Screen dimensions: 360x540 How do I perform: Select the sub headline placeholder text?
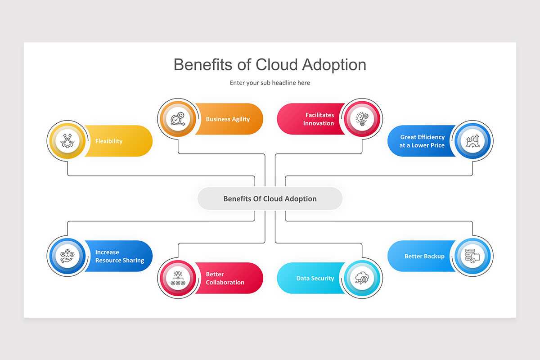click(x=270, y=83)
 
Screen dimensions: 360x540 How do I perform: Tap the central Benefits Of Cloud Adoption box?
click(x=270, y=199)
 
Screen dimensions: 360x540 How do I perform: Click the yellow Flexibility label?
click(x=109, y=141)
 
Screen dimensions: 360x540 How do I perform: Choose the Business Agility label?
click(x=228, y=119)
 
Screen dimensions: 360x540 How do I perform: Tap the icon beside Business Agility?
click(x=177, y=119)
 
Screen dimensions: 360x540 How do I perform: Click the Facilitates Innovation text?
click(x=319, y=119)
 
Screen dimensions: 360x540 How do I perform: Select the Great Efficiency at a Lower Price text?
click(x=422, y=141)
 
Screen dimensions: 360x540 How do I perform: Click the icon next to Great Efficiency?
click(x=472, y=141)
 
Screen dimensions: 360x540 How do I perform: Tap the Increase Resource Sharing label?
click(x=120, y=256)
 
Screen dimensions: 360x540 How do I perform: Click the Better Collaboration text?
click(x=225, y=279)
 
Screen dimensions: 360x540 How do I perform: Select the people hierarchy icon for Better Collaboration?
click(x=177, y=279)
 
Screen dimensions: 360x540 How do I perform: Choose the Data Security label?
click(x=315, y=279)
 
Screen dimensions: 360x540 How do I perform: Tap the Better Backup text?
click(x=424, y=256)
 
